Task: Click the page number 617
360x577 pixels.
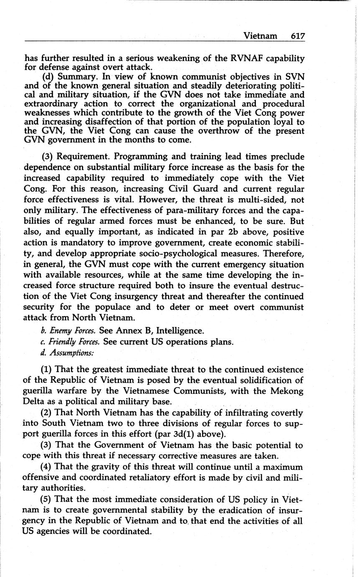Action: (x=298, y=36)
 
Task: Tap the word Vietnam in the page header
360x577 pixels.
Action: (x=260, y=36)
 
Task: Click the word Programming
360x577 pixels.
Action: (x=140, y=156)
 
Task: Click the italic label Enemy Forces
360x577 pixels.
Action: (x=71, y=331)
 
